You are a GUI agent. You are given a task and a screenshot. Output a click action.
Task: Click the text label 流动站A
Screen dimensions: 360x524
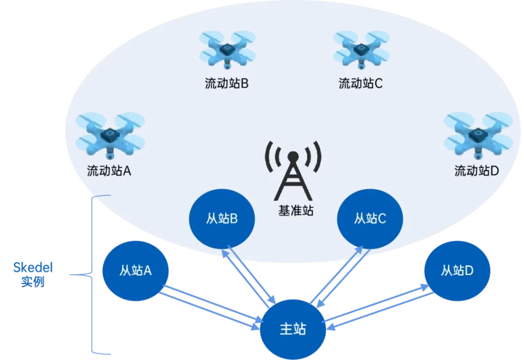pyautogui.click(x=110, y=171)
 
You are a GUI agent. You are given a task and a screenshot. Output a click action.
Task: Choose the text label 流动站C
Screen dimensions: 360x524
pyautogui.click(x=361, y=83)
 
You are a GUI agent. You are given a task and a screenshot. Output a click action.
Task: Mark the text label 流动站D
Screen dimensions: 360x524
pyautogui.click(x=476, y=171)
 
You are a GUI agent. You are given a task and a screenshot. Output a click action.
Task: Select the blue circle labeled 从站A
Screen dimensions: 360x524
pyautogui.click(x=136, y=271)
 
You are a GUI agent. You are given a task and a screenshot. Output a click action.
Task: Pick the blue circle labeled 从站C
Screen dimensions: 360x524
pyautogui.click(x=369, y=219)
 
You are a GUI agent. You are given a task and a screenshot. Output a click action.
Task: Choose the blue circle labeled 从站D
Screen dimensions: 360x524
pyautogui.click(x=457, y=270)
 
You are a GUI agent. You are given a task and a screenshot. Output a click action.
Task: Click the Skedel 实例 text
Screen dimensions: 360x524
pyautogui.click(x=33, y=274)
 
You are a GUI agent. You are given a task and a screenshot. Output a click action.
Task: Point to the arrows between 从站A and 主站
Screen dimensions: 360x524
pyautogui.click(x=210, y=307)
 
